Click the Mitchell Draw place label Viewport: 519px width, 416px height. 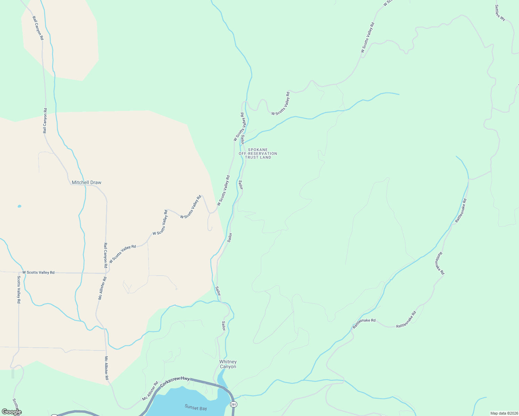(x=86, y=182)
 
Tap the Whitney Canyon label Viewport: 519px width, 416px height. (x=228, y=364)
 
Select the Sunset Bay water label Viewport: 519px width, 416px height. (x=196, y=408)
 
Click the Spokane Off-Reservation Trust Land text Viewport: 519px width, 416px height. (x=258, y=154)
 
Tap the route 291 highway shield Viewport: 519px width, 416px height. (x=233, y=405)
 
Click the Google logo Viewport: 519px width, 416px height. (x=11, y=412)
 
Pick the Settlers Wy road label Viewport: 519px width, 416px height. (x=500, y=13)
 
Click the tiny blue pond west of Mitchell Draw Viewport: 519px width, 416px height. (x=19, y=206)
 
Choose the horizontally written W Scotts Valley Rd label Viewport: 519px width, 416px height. (x=38, y=272)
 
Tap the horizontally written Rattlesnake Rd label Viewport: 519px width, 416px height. (x=364, y=320)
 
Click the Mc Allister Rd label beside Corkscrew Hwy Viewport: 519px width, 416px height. (x=150, y=391)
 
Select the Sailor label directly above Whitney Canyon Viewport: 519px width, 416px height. (x=224, y=326)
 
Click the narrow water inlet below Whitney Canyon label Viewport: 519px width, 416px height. (x=221, y=378)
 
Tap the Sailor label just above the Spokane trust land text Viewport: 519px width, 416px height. (x=243, y=139)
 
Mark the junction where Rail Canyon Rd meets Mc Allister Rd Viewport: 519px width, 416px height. (x=105, y=273)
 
